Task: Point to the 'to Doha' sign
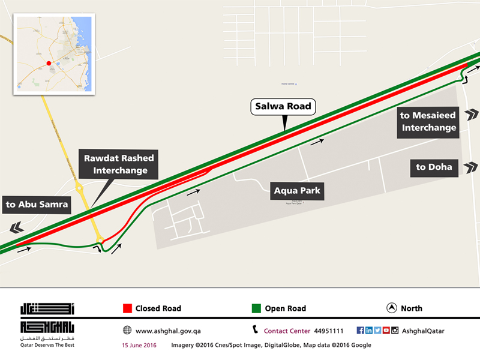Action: pos(434,167)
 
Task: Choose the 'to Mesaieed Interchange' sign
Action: pos(429,121)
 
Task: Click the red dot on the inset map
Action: pos(49,62)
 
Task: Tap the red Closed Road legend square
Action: pos(127,308)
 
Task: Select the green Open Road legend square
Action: pos(256,308)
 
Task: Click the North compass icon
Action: pos(391,308)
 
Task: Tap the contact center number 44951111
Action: pos(329,331)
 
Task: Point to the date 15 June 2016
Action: pos(139,345)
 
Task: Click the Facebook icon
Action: pos(360,330)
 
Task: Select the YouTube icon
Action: pos(386,330)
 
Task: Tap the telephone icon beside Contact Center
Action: pos(256,330)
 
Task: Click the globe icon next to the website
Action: pos(127,331)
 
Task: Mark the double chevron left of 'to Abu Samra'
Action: pos(16,227)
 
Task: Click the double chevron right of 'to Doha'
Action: pos(472,167)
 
